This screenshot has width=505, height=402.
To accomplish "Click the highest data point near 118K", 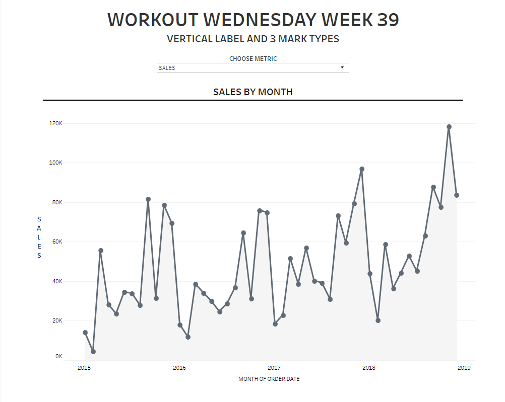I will (449, 127).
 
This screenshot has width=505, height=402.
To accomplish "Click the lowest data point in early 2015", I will (93, 352).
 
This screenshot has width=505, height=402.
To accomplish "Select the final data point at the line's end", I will (457, 195).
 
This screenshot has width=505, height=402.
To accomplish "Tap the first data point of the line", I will (85, 333).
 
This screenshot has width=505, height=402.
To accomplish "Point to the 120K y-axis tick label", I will (55, 124).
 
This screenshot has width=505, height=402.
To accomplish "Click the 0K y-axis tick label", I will (58, 357).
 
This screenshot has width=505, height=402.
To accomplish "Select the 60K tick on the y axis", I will (57, 242).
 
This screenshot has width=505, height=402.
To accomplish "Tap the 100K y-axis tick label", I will (55, 163).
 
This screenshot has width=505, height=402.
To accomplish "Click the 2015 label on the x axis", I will (84, 368).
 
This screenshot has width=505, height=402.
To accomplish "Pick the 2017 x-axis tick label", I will (274, 368).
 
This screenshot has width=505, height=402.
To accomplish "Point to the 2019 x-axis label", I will (464, 368).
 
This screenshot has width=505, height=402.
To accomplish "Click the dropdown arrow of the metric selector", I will (342, 67).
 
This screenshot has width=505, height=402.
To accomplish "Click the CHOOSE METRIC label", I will (253, 58).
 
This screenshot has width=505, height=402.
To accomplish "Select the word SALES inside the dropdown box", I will (167, 68).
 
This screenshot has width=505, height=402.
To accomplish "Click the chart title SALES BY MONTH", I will (252, 92).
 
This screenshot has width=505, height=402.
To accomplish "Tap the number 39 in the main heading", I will (388, 20).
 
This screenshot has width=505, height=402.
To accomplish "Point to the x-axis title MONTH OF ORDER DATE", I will (269, 379).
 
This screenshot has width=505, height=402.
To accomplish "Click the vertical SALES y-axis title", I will (39, 237).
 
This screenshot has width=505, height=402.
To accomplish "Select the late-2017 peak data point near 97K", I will (362, 169).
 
